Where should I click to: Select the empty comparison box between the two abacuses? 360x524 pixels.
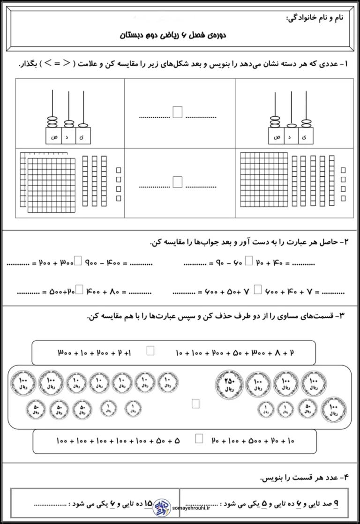click(x=178, y=112)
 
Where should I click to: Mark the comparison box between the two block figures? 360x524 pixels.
click(x=177, y=182)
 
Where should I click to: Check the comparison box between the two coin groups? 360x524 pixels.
click(x=195, y=403)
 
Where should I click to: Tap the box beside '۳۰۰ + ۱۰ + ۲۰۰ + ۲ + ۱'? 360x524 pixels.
click(x=150, y=350)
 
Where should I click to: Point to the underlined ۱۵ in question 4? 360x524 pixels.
click(x=148, y=503)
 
